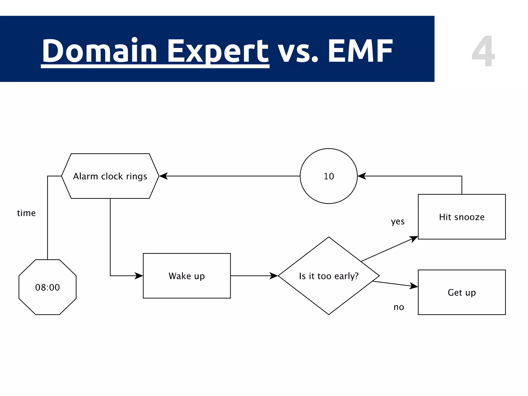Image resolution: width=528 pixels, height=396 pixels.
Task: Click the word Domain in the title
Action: (100, 51)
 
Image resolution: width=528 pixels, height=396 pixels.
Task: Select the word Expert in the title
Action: (218, 51)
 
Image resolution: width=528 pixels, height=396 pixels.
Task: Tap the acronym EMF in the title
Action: (360, 51)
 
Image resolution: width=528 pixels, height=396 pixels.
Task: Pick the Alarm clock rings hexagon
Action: (110, 176)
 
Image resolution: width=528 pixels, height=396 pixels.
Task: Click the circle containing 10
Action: (329, 176)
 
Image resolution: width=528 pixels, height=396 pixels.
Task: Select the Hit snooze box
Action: (461, 217)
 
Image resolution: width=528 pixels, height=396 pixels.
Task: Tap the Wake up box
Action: (187, 276)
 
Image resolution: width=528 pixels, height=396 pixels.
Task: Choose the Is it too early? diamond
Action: (329, 276)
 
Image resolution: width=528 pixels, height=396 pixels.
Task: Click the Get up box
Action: (461, 292)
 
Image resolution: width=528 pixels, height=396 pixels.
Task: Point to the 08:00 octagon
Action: (47, 287)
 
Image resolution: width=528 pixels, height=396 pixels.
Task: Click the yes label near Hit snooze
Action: (398, 221)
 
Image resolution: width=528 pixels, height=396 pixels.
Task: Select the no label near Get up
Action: (399, 307)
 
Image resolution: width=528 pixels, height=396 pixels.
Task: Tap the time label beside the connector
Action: (26, 213)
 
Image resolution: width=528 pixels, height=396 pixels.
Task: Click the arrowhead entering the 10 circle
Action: (362, 176)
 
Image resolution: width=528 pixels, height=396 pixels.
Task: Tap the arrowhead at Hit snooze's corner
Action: (414, 239)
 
